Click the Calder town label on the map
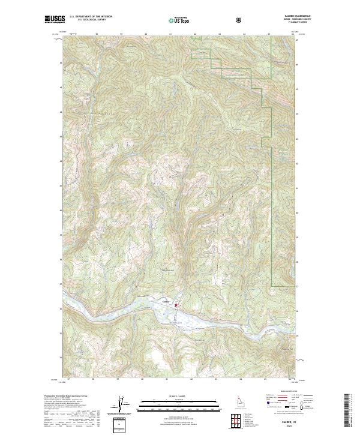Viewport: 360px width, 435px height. tap(165, 302)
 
